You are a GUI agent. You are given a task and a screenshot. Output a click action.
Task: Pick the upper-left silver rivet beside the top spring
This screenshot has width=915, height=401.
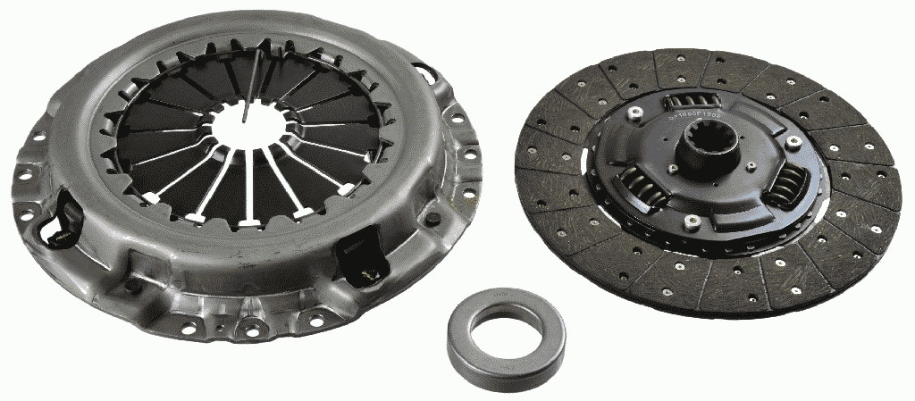(634, 112)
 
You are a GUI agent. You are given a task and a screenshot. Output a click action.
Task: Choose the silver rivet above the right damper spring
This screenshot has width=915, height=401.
(790, 140)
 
